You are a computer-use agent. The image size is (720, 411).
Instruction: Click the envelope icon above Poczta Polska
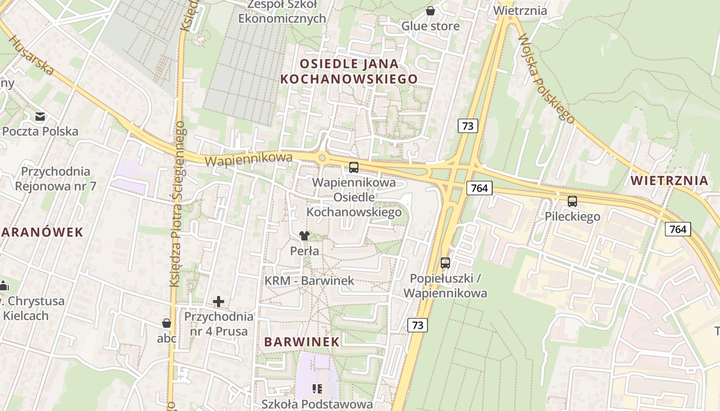click(x=40, y=117)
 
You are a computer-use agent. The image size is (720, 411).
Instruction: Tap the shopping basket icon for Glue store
click(x=430, y=11)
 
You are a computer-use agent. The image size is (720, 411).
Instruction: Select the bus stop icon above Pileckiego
click(x=572, y=201)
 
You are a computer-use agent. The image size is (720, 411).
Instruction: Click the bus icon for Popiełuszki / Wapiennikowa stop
click(x=445, y=263)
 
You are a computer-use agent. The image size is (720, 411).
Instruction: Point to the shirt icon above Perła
click(x=304, y=236)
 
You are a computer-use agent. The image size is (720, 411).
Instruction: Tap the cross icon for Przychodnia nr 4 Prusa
click(x=219, y=302)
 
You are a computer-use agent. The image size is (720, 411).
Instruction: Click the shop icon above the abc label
click(x=167, y=323)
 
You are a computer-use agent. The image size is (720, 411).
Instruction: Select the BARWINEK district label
click(x=302, y=342)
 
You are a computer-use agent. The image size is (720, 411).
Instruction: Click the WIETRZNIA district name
click(x=670, y=180)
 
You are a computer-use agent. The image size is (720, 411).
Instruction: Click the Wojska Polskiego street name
click(x=546, y=79)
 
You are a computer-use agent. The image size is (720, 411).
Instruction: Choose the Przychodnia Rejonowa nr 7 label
click(x=56, y=178)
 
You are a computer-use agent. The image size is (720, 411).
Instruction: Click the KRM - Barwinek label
click(x=310, y=281)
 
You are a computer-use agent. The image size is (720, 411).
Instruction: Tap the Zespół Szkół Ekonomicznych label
click(x=282, y=11)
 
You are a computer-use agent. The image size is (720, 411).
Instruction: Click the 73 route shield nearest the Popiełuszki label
click(x=418, y=325)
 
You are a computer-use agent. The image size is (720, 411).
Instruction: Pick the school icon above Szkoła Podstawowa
click(x=317, y=388)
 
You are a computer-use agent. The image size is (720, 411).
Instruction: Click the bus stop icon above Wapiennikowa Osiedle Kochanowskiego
click(x=354, y=167)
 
